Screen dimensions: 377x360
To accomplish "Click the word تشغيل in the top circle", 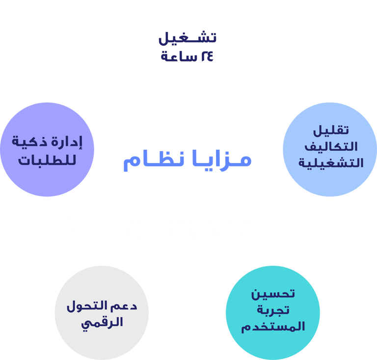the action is click(x=189, y=38).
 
